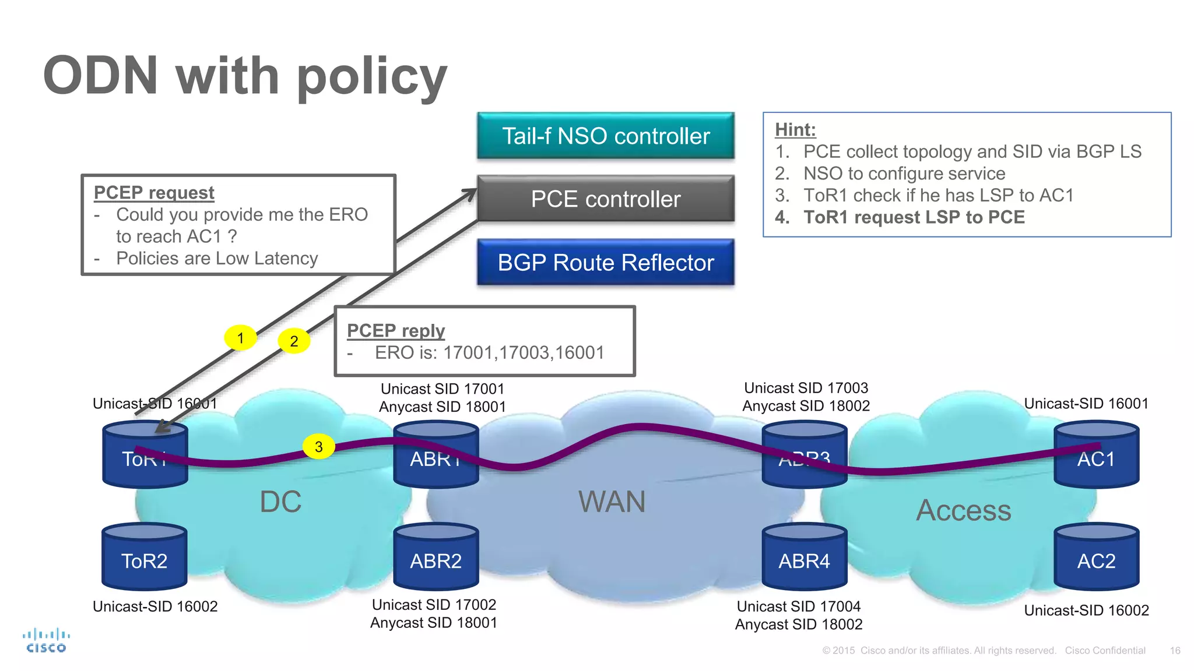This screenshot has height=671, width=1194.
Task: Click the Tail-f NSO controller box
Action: (605, 136)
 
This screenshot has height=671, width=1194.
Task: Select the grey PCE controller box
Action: (605, 199)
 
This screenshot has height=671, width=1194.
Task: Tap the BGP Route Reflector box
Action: (605, 262)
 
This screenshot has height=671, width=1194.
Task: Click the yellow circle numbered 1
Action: (240, 338)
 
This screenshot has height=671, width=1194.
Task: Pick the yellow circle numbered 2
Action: (294, 341)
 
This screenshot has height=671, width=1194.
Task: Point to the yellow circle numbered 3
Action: (318, 447)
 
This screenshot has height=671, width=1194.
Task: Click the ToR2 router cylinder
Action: (145, 557)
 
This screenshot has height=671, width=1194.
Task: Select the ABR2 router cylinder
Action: (436, 557)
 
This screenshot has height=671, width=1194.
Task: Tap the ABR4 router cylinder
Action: (804, 557)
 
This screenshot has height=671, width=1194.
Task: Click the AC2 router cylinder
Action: (1096, 557)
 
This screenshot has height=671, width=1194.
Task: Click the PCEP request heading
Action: (154, 192)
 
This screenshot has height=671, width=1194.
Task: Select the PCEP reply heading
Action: (395, 330)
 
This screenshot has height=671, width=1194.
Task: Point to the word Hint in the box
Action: (795, 129)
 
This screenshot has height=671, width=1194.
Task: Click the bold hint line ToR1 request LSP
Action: (914, 217)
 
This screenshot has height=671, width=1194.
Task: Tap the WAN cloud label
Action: (612, 502)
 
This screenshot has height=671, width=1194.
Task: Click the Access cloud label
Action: (963, 510)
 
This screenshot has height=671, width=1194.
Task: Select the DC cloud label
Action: (280, 502)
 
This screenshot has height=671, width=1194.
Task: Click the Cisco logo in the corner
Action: (46, 641)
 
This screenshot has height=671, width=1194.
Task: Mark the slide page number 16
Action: (1175, 651)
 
